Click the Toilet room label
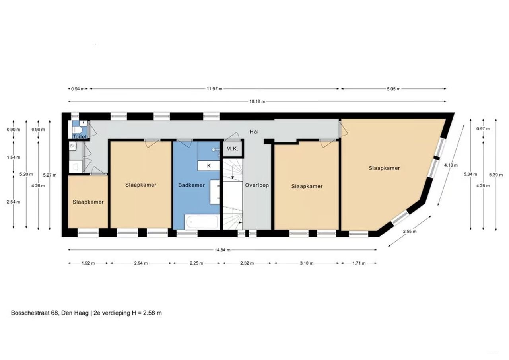coord(80,136)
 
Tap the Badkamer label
coord(191,185)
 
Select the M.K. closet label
coord(232,149)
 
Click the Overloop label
coord(257,185)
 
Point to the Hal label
coord(254,131)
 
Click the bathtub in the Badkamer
coord(202,222)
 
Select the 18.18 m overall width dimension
coord(257,101)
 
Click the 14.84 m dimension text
coord(223,250)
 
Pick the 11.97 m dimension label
coord(214,89)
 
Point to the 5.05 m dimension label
coord(393,89)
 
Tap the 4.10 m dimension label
coord(451,165)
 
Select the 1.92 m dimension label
coord(88,263)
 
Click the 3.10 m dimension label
coord(307,263)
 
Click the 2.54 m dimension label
coord(14,202)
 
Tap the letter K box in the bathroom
coord(209,165)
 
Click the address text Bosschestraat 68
coord(35,313)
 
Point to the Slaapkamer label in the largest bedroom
coord(384,168)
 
